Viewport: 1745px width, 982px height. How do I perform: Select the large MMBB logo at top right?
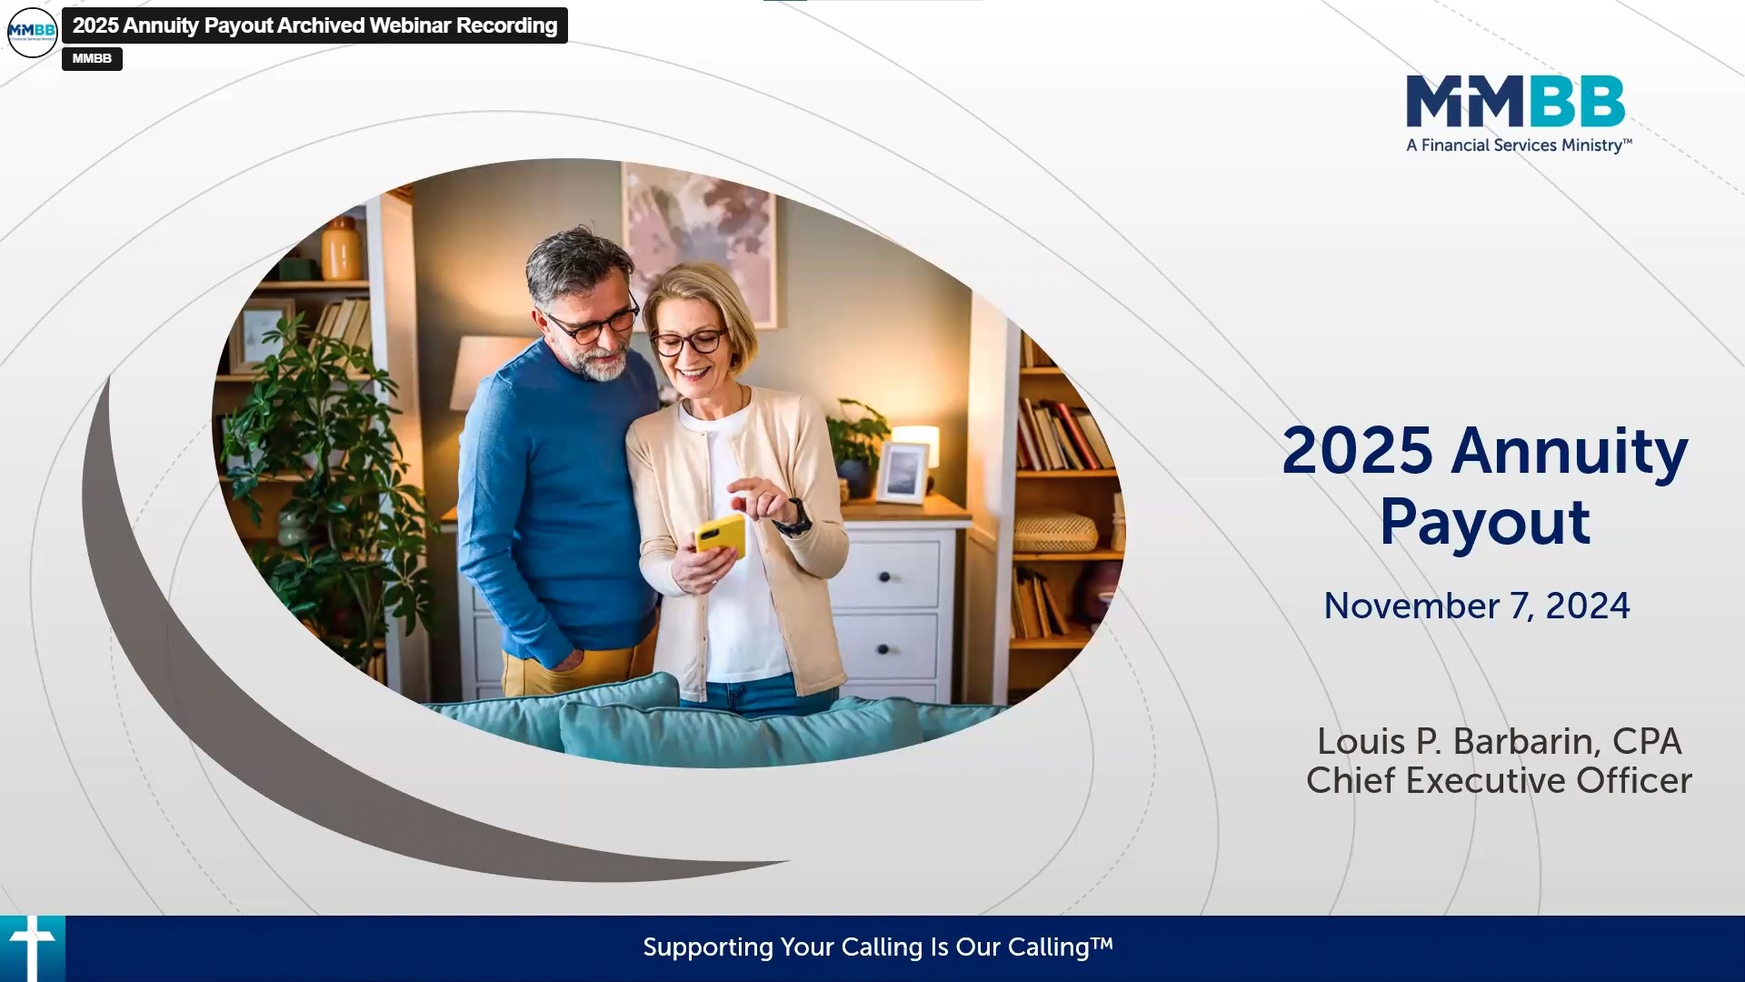point(1515,102)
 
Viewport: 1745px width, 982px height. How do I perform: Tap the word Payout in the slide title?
point(1484,523)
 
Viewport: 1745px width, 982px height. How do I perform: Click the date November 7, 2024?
point(1476,606)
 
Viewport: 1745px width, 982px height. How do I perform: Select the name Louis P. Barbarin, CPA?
point(1499,741)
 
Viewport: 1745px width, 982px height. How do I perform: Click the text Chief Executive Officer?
point(1499,781)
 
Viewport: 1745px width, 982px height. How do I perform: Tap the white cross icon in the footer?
point(33,947)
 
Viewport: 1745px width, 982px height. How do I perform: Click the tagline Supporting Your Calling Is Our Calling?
point(877,947)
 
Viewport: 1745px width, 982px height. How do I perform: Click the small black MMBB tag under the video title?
point(92,58)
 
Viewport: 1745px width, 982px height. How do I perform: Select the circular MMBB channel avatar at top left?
point(32,32)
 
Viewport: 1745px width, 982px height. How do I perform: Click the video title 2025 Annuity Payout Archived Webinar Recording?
point(314,25)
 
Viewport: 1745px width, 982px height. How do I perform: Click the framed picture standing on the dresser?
point(902,473)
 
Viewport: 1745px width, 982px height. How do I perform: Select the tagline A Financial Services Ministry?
point(1518,145)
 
